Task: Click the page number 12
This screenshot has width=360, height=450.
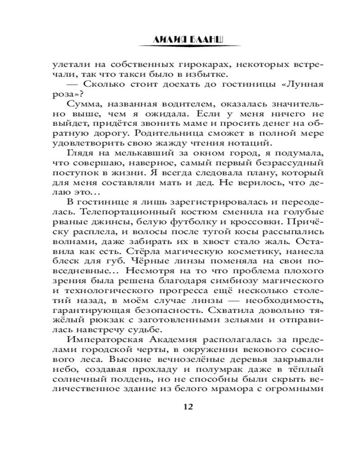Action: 188,407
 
